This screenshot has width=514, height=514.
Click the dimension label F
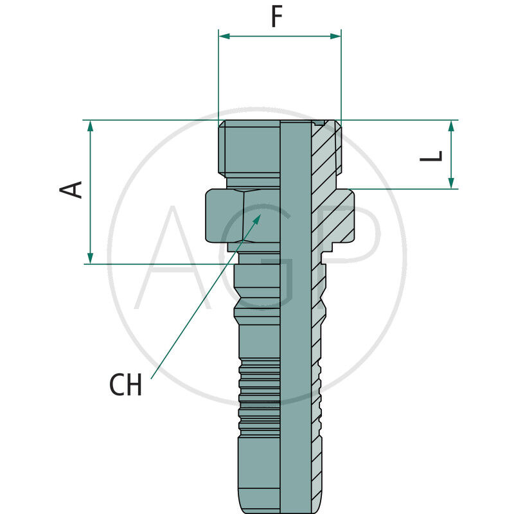click(277, 17)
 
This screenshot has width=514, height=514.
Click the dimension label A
click(72, 189)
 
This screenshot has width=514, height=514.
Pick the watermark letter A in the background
click(170, 257)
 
